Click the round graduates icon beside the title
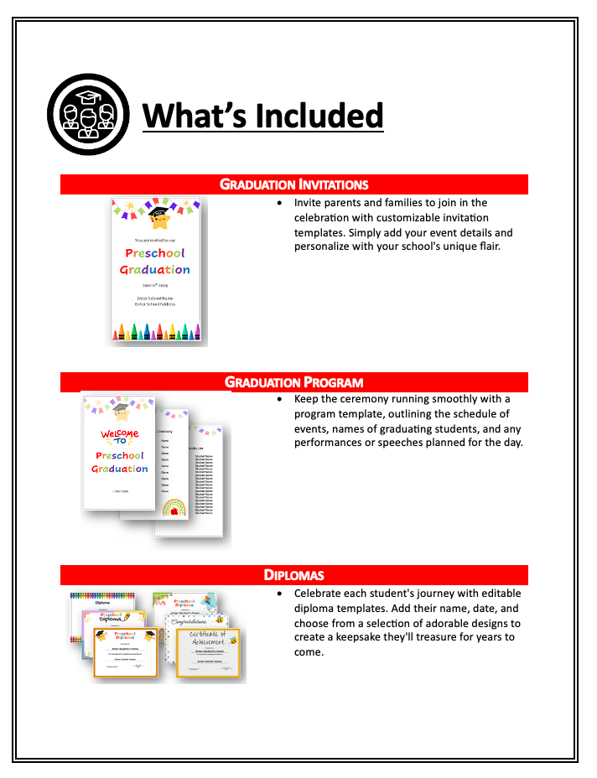(x=88, y=113)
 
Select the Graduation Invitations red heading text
(x=294, y=184)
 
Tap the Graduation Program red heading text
(x=294, y=382)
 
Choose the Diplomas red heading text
(x=294, y=575)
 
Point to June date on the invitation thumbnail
(x=155, y=285)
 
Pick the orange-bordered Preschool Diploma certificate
(x=125, y=652)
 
